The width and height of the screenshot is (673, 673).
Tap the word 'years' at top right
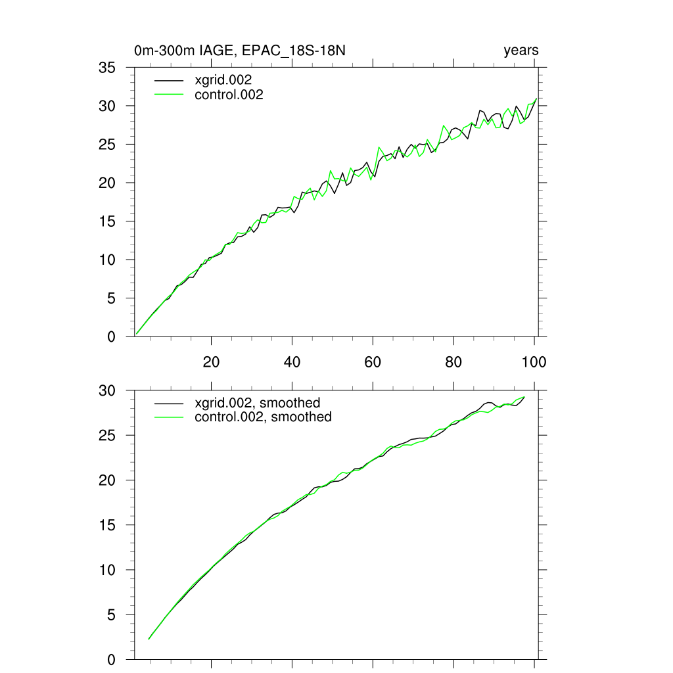tap(521, 51)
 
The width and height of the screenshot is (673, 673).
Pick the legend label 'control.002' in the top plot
tap(229, 95)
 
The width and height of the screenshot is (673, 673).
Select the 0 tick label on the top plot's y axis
tap(112, 337)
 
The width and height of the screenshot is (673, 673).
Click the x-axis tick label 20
tap(211, 362)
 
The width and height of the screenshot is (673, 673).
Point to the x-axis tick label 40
tap(292, 362)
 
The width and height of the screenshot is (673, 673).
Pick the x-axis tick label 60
tap(373, 362)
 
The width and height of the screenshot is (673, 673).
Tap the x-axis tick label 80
tap(453, 362)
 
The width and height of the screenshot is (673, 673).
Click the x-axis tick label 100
tap(534, 362)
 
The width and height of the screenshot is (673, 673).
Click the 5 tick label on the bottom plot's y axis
tap(112, 615)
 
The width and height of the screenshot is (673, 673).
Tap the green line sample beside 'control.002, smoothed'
tap(169, 417)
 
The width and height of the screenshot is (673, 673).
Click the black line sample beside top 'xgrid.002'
tap(169, 80)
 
